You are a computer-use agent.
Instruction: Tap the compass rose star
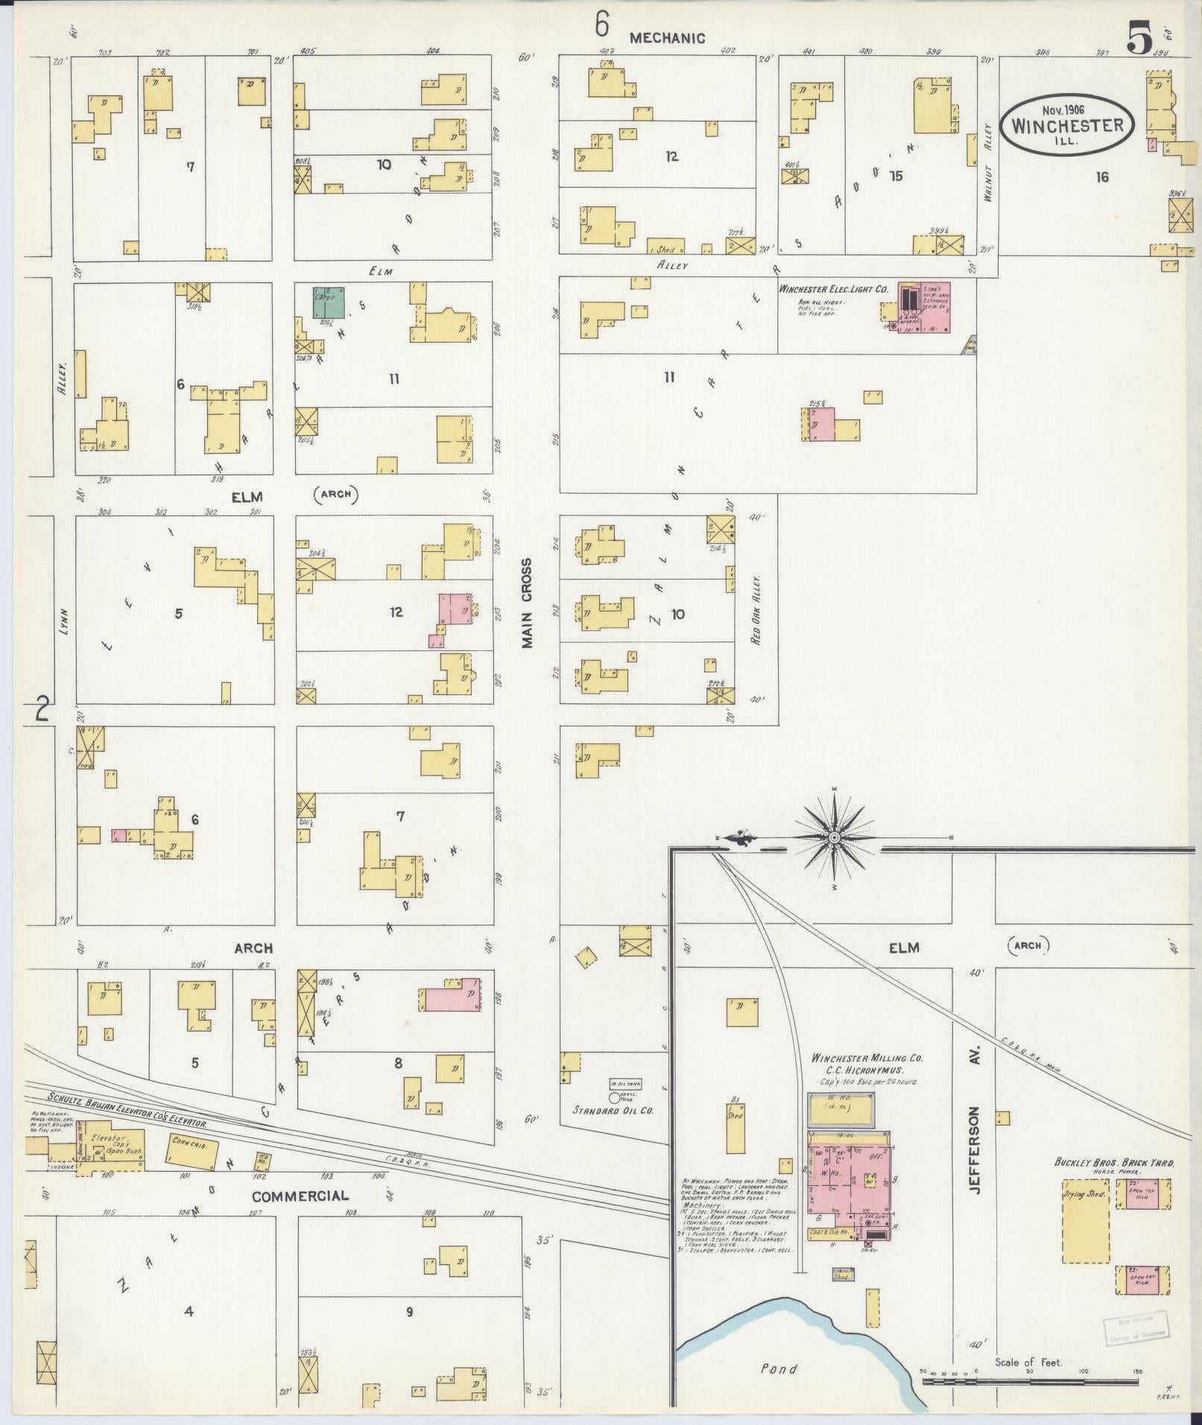click(x=834, y=838)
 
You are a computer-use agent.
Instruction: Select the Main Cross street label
click(x=528, y=603)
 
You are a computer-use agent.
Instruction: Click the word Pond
click(x=779, y=1368)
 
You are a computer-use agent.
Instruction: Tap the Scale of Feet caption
click(x=1028, y=1362)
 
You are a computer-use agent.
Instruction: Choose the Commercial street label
click(x=300, y=1196)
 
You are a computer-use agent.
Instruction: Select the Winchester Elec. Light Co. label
click(x=833, y=288)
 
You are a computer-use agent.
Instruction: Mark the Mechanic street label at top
click(x=667, y=38)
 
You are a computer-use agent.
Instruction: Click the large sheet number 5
click(x=1140, y=38)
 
